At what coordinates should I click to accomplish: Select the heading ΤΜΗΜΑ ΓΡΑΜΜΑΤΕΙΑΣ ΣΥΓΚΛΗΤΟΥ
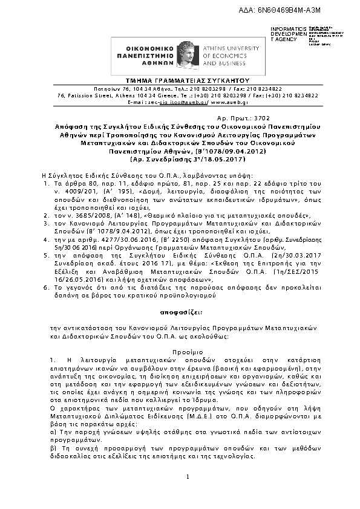coord(180,80)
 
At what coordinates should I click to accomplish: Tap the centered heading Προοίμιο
coord(180,350)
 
